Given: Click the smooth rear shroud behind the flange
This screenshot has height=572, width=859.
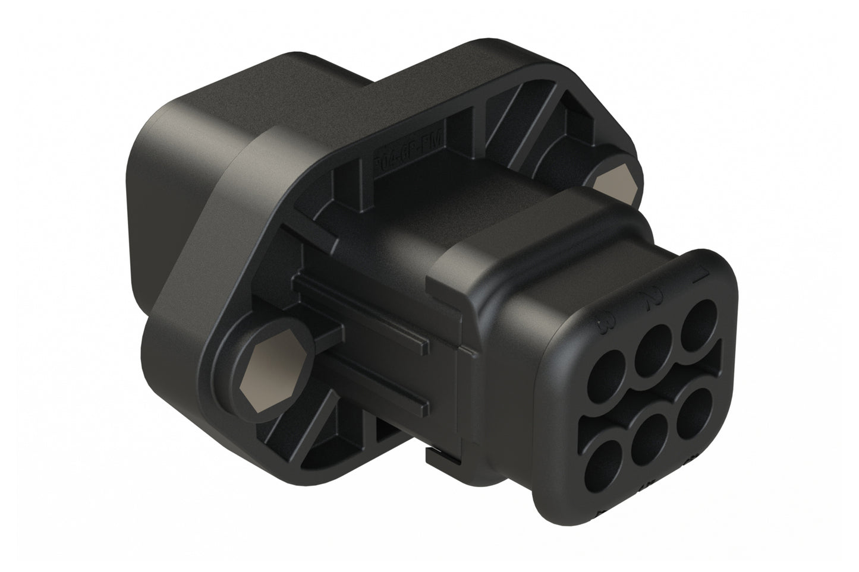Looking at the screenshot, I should coord(178,148).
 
